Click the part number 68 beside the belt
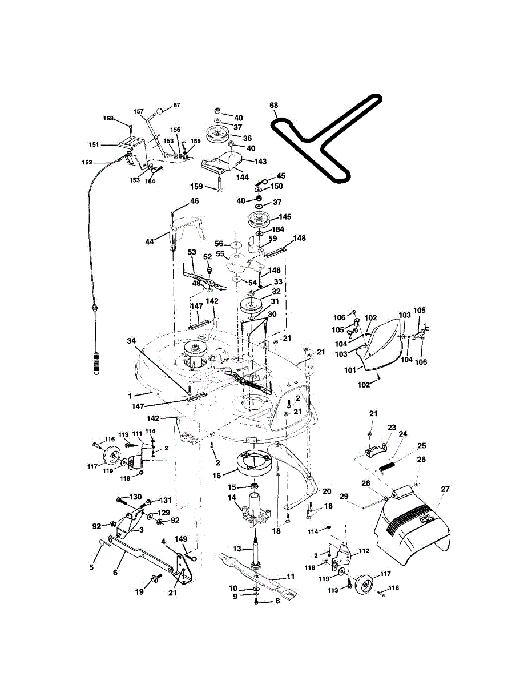[x=273, y=105]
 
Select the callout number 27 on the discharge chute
[x=445, y=489]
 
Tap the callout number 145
[x=284, y=217]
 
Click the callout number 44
[x=149, y=242]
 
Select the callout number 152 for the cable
[x=87, y=162]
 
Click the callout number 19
[x=139, y=592]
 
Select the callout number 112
[x=364, y=551]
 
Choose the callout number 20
[x=327, y=491]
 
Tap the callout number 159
[x=196, y=186]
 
